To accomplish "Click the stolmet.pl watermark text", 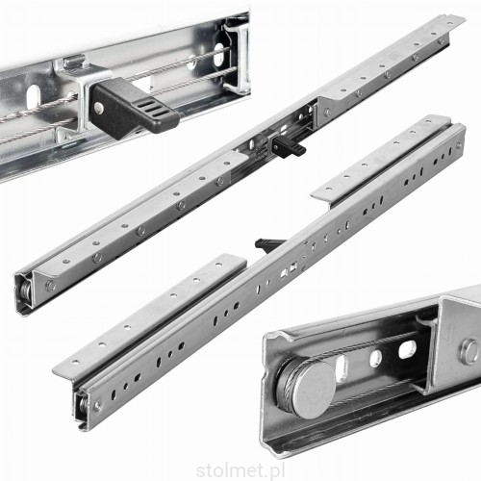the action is click(x=240, y=471).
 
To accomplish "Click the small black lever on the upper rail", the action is click(x=287, y=145).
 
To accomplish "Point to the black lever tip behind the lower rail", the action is click(x=266, y=244).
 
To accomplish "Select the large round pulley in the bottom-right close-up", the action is click(x=308, y=387).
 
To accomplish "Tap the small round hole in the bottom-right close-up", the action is click(x=376, y=359).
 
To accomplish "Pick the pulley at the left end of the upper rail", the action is click(x=25, y=291).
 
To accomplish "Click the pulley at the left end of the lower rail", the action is click(x=83, y=408).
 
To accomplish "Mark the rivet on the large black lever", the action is click(x=99, y=109).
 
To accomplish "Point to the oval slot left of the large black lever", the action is click(x=32, y=94).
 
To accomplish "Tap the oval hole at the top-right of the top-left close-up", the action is click(x=219, y=54).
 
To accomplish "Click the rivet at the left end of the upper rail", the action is click(x=50, y=286).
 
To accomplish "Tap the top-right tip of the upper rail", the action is click(x=465, y=17).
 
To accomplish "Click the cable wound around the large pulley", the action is click(x=288, y=378).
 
